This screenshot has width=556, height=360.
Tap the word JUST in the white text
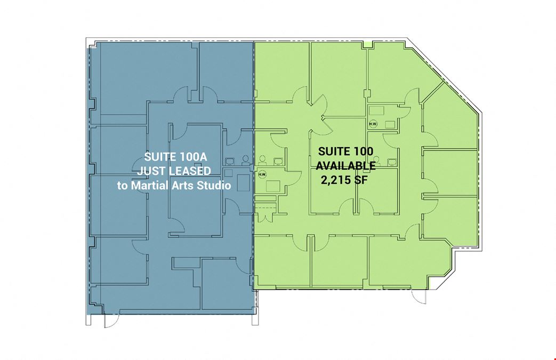(x=150, y=171)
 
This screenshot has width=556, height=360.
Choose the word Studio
(x=214, y=185)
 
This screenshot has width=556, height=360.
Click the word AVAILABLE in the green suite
(x=346, y=166)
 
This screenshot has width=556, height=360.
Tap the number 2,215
(x=335, y=180)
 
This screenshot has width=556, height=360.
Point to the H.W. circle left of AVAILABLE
(x=262, y=174)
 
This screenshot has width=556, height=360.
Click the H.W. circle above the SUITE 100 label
(x=373, y=123)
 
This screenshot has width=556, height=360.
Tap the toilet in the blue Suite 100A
(x=245, y=161)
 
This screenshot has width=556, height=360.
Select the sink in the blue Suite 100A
(x=229, y=162)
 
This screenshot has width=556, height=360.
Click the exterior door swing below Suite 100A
(x=111, y=321)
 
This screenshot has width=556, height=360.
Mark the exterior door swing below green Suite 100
(x=419, y=297)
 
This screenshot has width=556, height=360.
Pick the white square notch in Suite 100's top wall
(x=368, y=44)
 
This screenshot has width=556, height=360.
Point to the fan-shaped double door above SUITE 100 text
(x=321, y=115)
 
